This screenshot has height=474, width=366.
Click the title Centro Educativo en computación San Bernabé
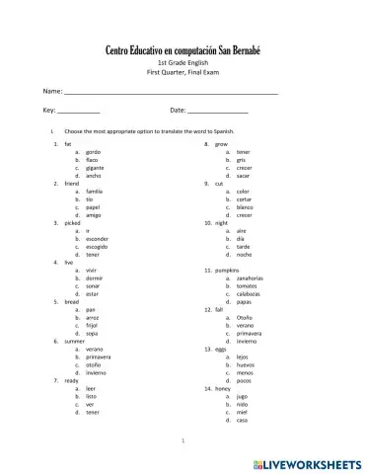[183, 50]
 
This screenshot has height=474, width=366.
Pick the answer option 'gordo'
[94, 152]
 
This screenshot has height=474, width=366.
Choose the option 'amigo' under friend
[94, 214]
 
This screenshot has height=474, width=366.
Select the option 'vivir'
[92, 270]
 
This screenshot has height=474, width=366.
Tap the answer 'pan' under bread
[90, 309]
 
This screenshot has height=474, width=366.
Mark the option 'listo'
[92, 396]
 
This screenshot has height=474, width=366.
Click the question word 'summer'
[75, 341]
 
